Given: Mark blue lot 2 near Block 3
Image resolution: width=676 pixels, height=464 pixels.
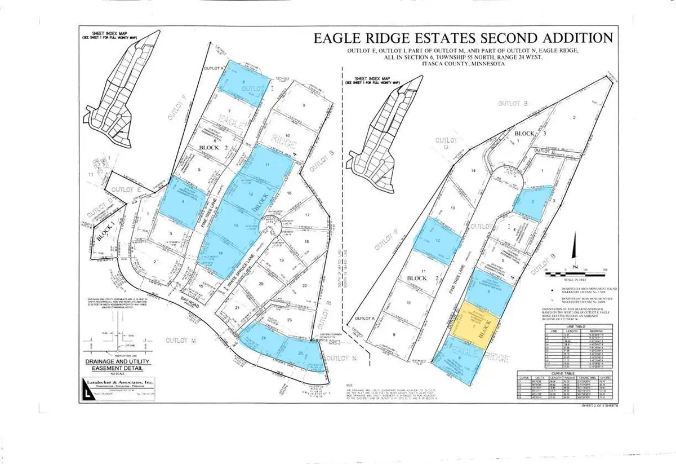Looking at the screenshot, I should [532, 202].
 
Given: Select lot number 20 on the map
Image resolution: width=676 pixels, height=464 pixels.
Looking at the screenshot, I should [261, 285].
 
